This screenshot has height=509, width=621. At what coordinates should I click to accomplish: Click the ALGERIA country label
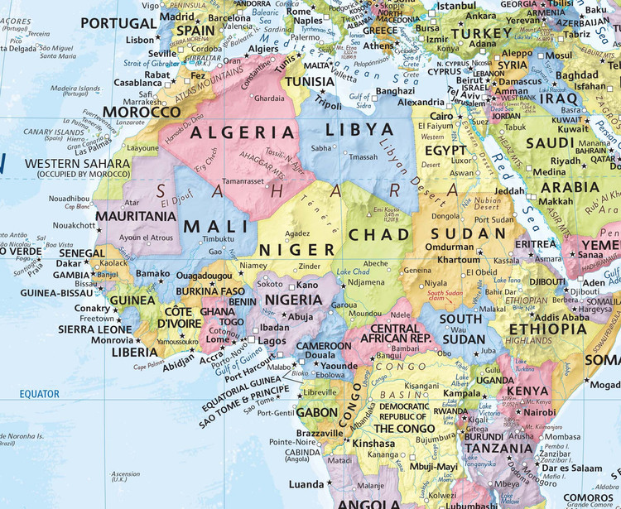[x=243, y=132]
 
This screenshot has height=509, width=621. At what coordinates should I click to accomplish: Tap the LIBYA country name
[x=359, y=130]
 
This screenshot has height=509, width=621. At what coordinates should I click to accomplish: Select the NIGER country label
[x=297, y=249]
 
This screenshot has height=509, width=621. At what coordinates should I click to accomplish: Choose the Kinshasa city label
[x=374, y=443]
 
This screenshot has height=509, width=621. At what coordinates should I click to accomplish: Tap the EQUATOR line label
[x=41, y=394]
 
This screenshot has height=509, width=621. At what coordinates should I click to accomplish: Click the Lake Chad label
[x=354, y=271]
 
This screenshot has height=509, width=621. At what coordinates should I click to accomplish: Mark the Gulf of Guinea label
[x=237, y=358]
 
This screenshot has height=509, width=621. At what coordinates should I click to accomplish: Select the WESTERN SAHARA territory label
[x=78, y=164]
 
